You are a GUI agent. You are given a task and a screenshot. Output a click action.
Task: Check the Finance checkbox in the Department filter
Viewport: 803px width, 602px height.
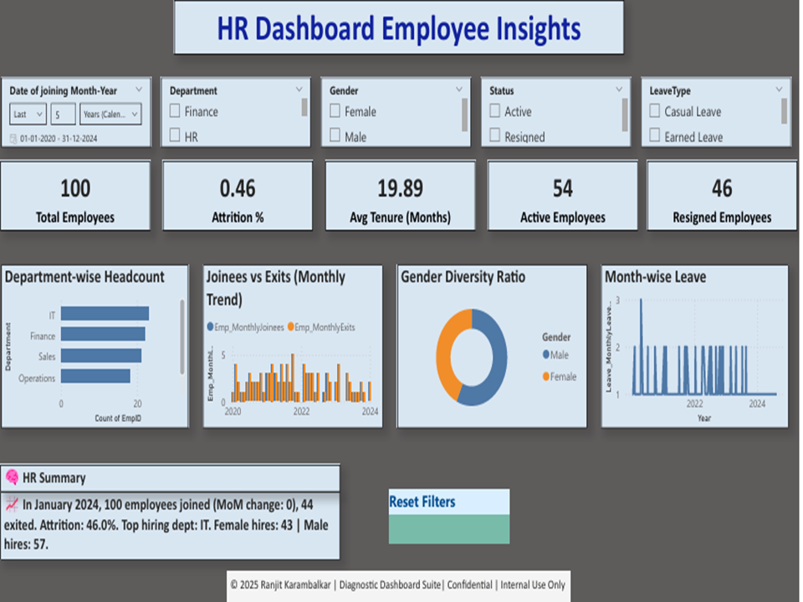pyautogui.click(x=175, y=111)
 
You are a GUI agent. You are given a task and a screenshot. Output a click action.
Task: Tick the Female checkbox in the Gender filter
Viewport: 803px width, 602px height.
pyautogui.click(x=335, y=111)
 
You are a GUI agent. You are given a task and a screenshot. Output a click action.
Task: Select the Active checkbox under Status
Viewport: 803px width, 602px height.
pyautogui.click(x=495, y=111)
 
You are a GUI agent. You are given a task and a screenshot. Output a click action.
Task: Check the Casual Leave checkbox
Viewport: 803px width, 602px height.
pyautogui.click(x=655, y=111)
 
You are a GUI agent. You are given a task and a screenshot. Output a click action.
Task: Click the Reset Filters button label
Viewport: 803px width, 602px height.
pyautogui.click(x=422, y=502)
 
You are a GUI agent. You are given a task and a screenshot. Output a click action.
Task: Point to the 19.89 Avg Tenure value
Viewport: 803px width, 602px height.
pyautogui.click(x=400, y=188)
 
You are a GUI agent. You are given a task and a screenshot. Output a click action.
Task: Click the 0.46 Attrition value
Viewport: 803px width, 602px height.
pyautogui.click(x=238, y=188)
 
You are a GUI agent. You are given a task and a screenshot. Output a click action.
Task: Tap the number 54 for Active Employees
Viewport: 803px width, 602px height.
pyautogui.click(x=562, y=188)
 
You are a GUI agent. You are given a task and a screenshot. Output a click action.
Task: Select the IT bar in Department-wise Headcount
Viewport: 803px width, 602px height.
pyautogui.click(x=105, y=314)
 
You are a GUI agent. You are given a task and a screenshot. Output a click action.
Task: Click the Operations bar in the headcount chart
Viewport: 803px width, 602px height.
pyautogui.click(x=95, y=376)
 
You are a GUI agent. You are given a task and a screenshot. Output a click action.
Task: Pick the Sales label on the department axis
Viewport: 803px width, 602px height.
pyautogui.click(x=47, y=356)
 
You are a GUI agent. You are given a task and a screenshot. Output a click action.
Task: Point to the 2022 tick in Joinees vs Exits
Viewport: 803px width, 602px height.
pyautogui.click(x=300, y=411)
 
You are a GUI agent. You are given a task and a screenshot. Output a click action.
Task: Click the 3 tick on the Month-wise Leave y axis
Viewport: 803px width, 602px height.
pyautogui.click(x=617, y=299)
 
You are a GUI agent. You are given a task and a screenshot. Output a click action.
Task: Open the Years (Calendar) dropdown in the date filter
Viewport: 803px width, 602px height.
pyautogui.click(x=110, y=114)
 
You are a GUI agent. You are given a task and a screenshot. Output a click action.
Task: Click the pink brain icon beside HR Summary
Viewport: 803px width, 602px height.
pyautogui.click(x=13, y=477)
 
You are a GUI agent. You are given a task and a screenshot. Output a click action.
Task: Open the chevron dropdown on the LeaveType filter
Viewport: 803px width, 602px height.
pyautogui.click(x=779, y=89)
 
